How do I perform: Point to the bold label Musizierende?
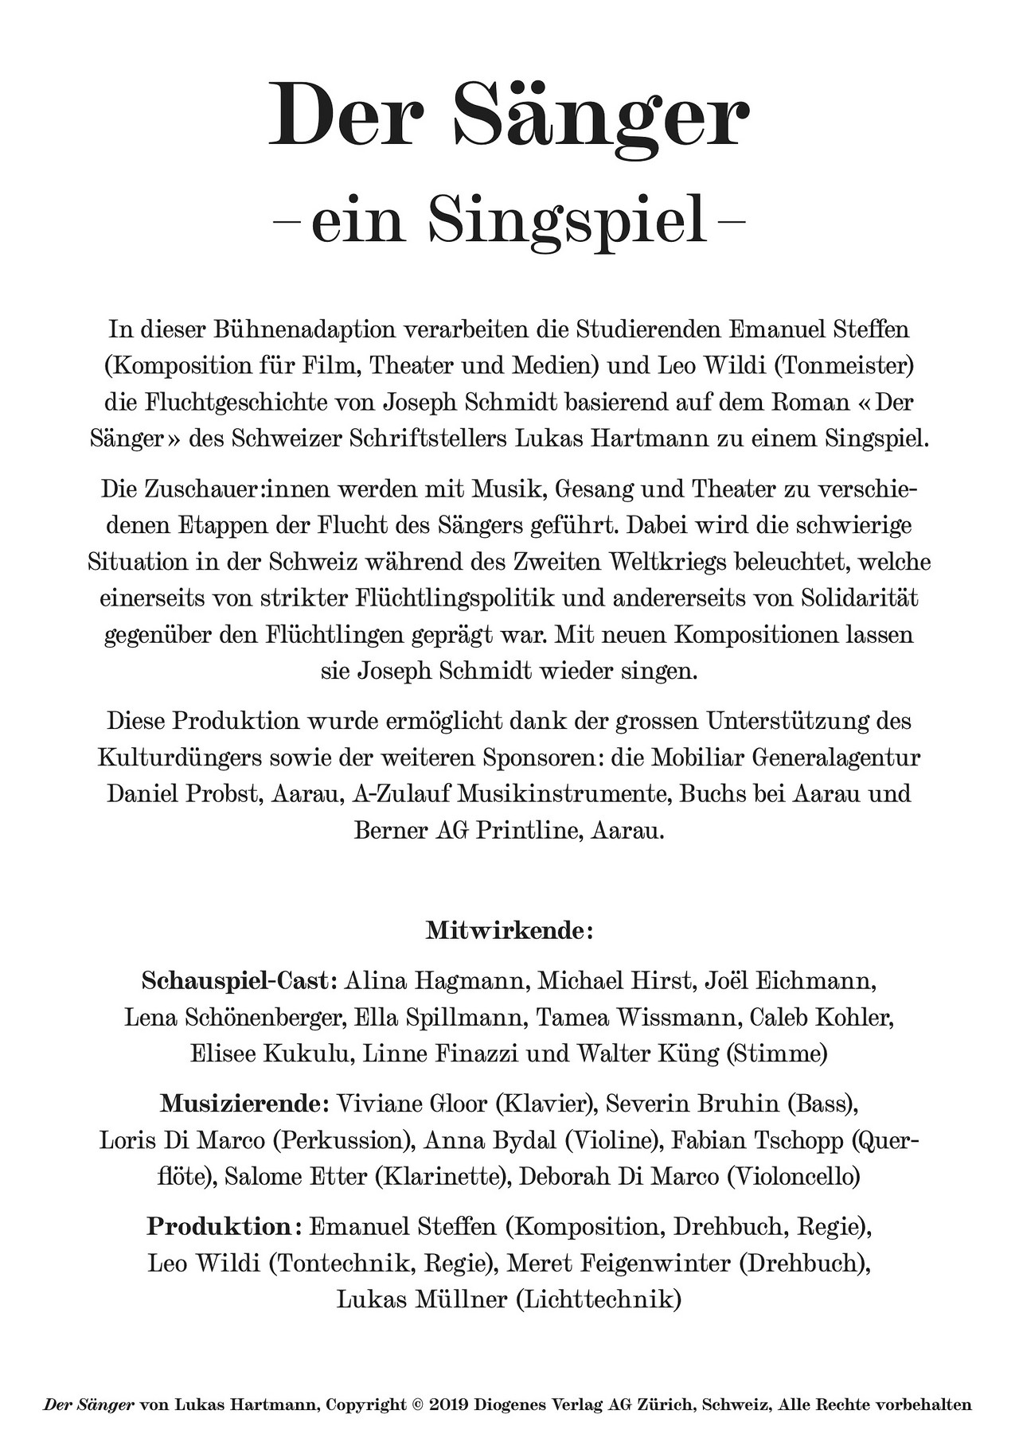point(244,1104)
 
